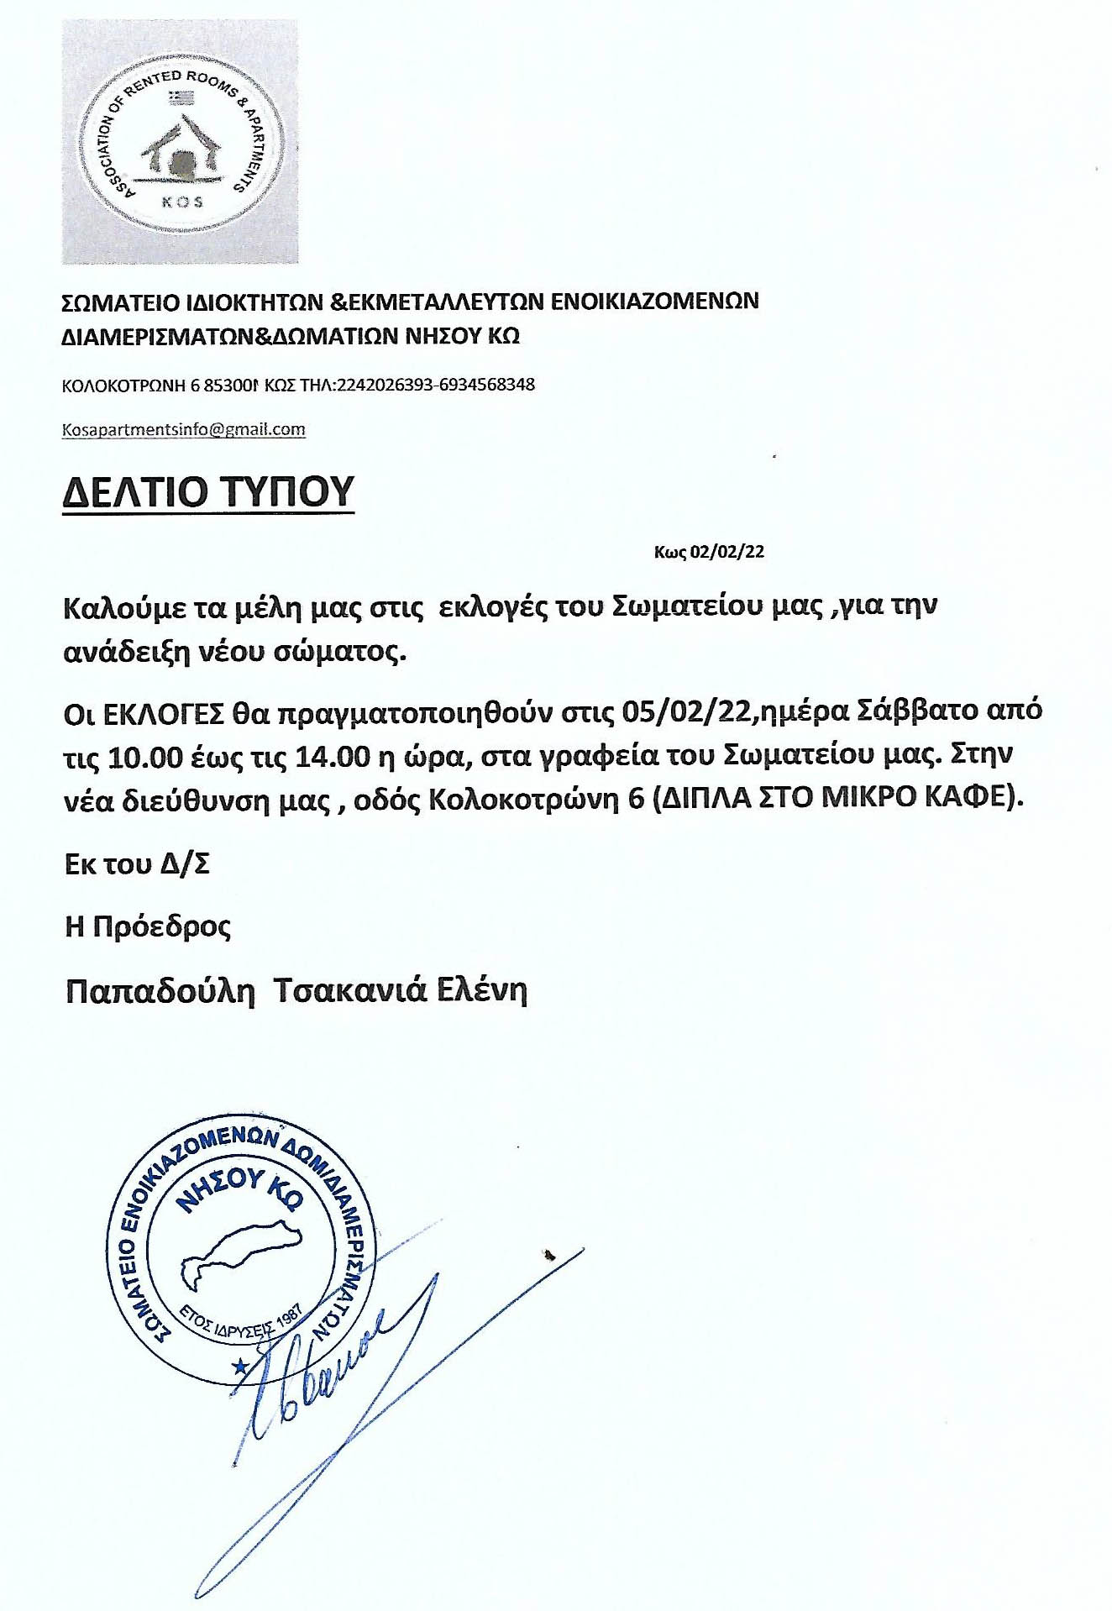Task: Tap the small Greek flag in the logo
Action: [181, 98]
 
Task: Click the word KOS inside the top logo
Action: [182, 202]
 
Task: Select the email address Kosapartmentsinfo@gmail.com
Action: [184, 429]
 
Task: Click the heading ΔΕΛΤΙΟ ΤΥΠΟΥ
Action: [208, 491]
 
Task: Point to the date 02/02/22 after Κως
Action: [726, 552]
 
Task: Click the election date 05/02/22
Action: [690, 711]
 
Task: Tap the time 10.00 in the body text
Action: [145, 758]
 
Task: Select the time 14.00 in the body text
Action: [333, 758]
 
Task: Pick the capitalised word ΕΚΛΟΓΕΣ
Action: [164, 713]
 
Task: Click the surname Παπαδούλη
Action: [160, 992]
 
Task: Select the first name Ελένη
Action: [481, 990]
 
